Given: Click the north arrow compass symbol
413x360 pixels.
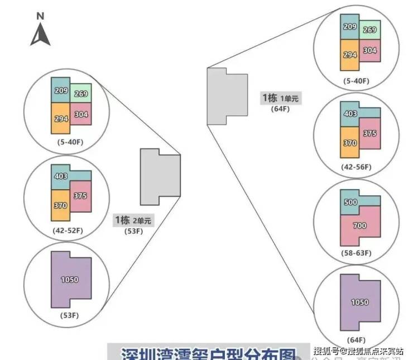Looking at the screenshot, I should click(41, 32).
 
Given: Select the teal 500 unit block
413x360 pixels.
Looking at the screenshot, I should click(350, 201).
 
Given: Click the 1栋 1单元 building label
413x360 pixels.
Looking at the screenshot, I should click(280, 98).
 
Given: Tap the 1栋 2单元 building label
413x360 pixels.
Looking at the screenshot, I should click(133, 220).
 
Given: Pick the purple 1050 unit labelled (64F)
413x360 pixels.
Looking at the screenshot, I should click(359, 303).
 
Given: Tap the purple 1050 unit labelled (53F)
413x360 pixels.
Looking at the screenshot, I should click(70, 279).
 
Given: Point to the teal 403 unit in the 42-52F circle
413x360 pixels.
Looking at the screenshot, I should click(61, 176).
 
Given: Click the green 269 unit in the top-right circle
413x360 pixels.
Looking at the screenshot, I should click(370, 30).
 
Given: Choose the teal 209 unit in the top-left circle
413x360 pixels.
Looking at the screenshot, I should click(61, 90).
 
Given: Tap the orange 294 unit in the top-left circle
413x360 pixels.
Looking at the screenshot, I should click(61, 118).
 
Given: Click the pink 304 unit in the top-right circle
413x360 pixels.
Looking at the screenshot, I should click(369, 50).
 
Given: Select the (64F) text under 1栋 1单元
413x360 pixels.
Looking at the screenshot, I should click(280, 109).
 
